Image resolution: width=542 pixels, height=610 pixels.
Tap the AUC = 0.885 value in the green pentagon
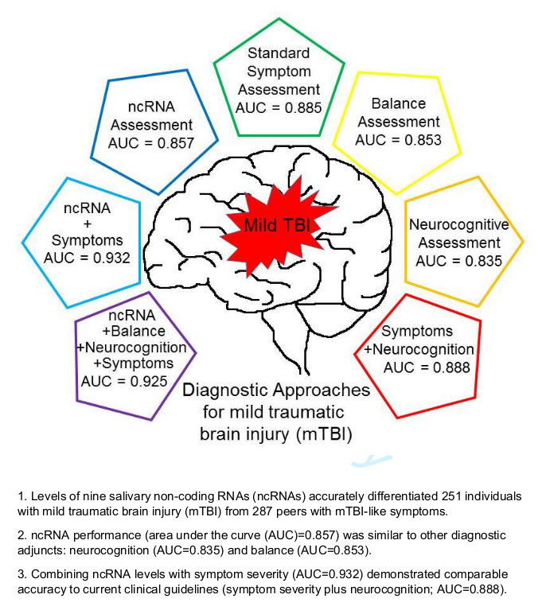279,107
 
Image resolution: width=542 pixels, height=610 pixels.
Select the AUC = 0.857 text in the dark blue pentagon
151,144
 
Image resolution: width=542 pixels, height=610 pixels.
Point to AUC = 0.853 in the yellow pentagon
398,141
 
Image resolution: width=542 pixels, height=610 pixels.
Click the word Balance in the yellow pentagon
399,104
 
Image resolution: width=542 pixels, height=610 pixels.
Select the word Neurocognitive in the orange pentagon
458,225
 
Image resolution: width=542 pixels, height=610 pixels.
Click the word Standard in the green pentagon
279,54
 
